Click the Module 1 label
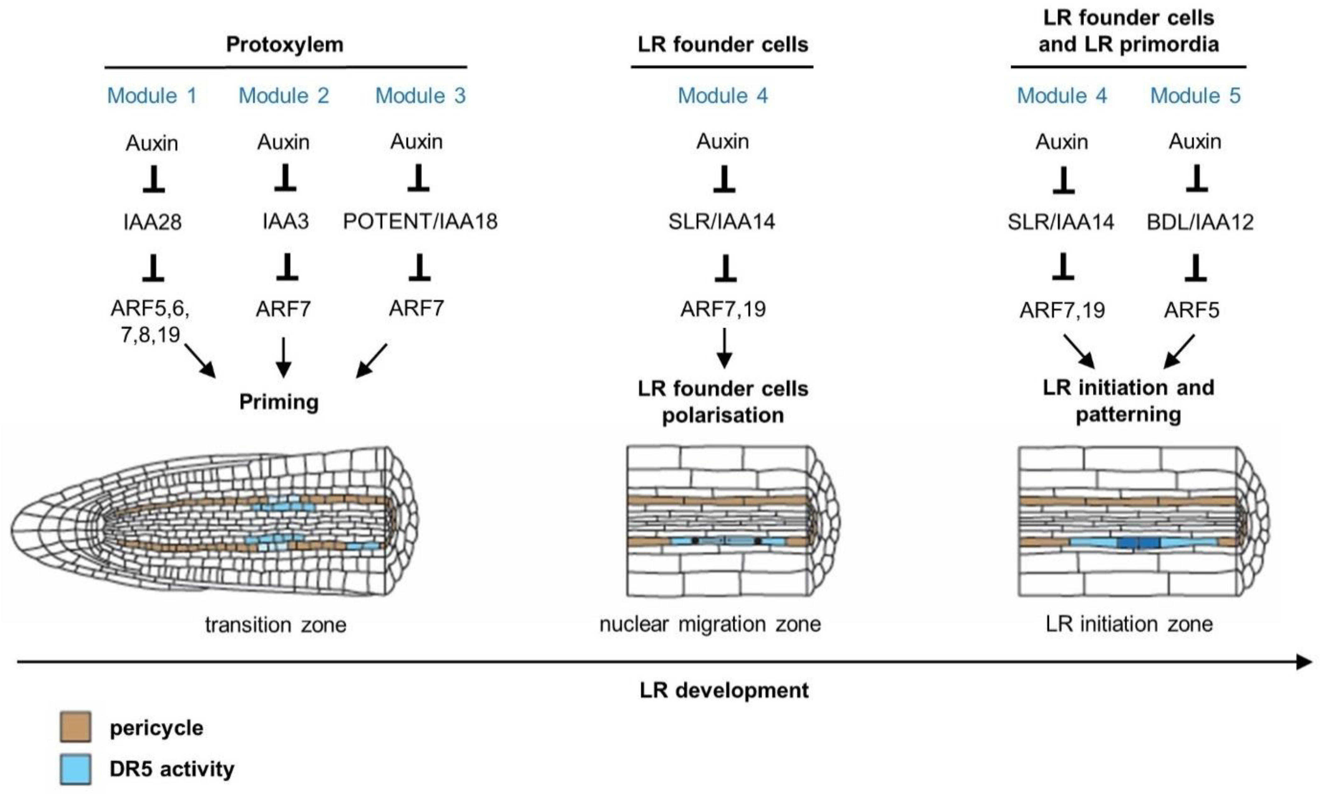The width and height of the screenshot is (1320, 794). click(x=152, y=96)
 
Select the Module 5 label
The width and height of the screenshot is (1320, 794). click(x=1195, y=96)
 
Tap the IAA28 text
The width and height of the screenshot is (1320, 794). click(x=153, y=221)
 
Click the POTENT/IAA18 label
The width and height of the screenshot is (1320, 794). click(x=420, y=221)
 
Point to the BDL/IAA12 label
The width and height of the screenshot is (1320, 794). click(x=1200, y=221)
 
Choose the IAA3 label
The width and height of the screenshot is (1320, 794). click(x=286, y=221)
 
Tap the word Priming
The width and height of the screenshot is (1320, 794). click(x=279, y=402)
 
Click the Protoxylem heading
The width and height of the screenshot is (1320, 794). click(x=285, y=44)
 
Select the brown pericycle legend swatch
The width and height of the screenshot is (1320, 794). click(x=75, y=727)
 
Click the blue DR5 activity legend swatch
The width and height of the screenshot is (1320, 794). click(x=75, y=769)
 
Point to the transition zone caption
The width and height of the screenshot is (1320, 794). click(x=276, y=624)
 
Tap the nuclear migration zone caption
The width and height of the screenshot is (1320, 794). click(x=710, y=624)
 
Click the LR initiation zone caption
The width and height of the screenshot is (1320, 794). click(x=1129, y=624)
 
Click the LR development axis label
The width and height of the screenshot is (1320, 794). click(x=724, y=690)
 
